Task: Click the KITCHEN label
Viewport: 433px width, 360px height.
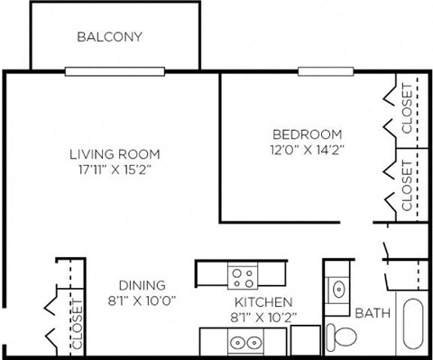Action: pyautogui.click(x=263, y=301)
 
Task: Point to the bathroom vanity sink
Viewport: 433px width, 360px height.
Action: pyautogui.click(x=337, y=288)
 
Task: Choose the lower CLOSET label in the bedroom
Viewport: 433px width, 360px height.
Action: pyautogui.click(x=407, y=186)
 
